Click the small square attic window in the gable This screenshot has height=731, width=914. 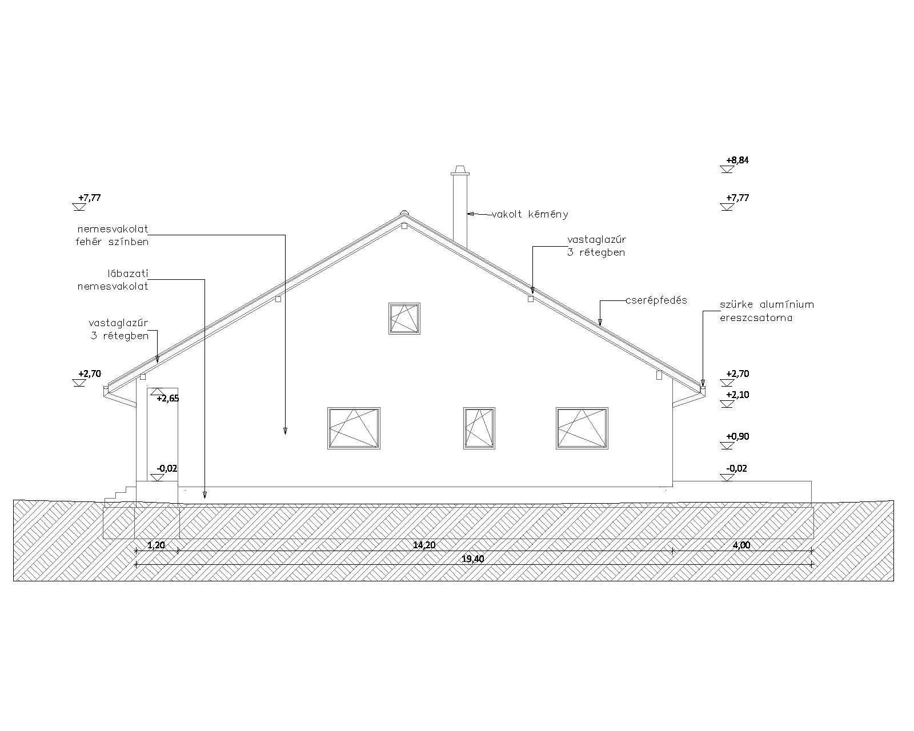pos(404,318)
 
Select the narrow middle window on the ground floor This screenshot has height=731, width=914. pos(479,428)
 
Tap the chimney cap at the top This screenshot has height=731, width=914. pos(460,171)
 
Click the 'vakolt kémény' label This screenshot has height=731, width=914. pos(530,215)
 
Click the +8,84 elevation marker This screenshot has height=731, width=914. pos(737,160)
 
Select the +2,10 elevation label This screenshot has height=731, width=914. pos(737,395)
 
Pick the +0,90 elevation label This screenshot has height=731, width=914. pos(737,437)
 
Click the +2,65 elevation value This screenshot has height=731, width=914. pos(167,399)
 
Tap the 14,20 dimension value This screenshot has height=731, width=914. pos(424,545)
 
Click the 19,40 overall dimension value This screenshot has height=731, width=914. pos(473,559)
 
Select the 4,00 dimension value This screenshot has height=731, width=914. pos(741,545)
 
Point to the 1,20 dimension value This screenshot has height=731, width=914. pos(156,545)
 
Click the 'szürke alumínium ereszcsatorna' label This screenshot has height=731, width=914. pos(767,311)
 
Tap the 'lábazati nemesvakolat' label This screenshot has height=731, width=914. pos(113,280)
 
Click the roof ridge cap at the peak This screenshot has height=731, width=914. pos(404,214)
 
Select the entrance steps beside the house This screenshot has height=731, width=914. pos(125,491)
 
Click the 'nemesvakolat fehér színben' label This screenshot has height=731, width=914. pos(113,235)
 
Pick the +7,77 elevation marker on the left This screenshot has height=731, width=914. pos(90,198)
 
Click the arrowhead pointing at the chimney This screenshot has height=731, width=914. pos(471,214)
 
